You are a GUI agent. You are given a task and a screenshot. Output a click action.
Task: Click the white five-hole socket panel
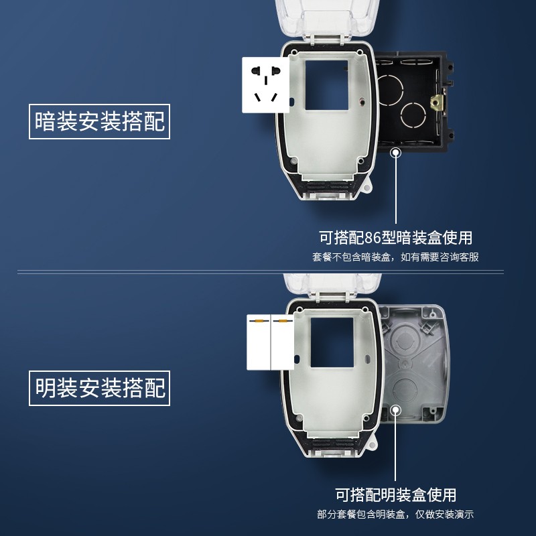tap(265, 85)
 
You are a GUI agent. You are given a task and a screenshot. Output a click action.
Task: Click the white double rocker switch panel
tap(271, 342)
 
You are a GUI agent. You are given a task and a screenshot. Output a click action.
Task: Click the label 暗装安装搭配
tap(99, 121)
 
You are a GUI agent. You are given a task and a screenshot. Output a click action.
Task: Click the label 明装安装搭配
tap(99, 388)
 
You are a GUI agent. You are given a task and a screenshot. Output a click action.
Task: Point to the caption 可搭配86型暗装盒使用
tap(395, 237)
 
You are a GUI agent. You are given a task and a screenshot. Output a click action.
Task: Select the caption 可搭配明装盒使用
tap(395, 495)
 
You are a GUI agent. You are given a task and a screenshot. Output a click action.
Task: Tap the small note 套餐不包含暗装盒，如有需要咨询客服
tap(395, 257)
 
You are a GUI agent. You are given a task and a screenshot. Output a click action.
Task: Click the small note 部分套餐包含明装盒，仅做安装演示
tap(395, 515)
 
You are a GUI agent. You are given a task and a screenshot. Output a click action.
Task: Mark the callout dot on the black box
tap(396, 153)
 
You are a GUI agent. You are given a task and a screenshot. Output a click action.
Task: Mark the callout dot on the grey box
tap(396, 410)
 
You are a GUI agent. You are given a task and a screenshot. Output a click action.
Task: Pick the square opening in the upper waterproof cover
tap(326, 84)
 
